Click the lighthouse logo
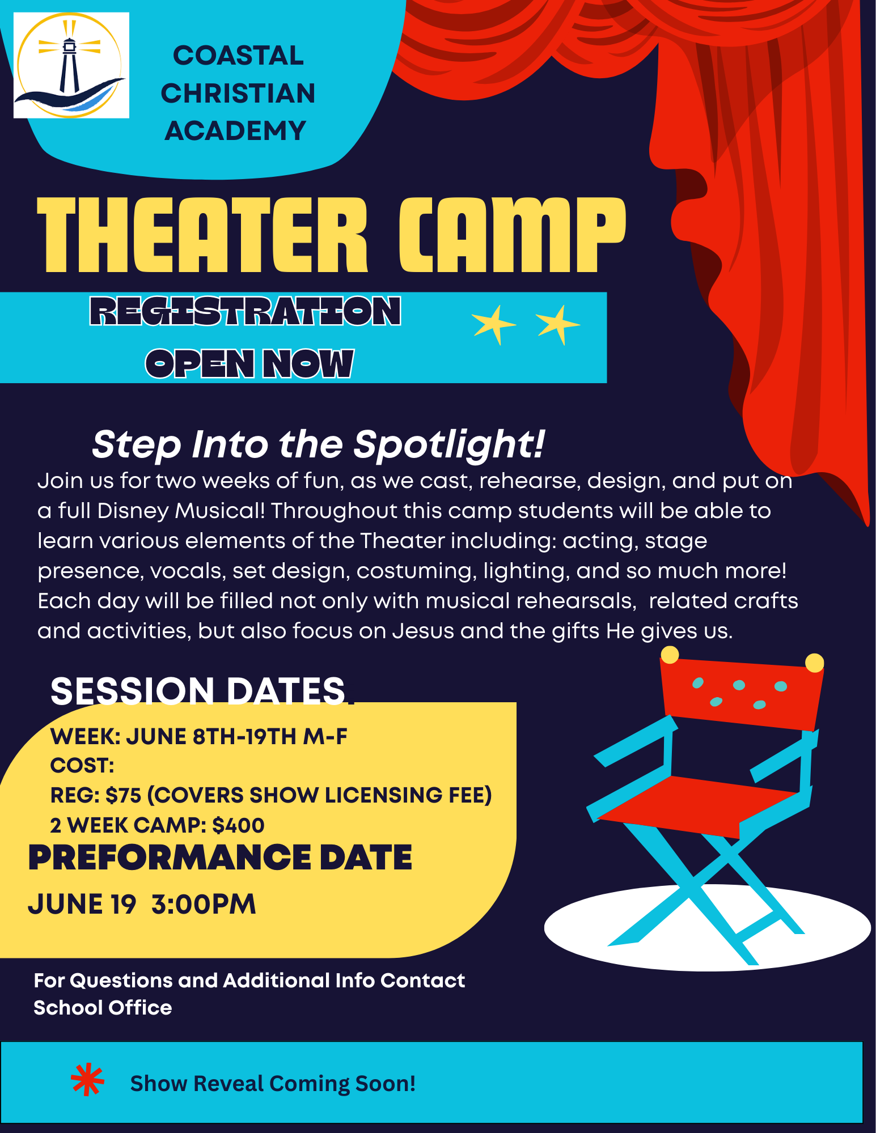pyautogui.click(x=71, y=65)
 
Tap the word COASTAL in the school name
pyautogui.click(x=238, y=56)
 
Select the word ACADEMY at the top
pyautogui.click(x=235, y=131)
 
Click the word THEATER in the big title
pyautogui.click(x=202, y=235)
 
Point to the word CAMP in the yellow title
pyautogui.click(x=512, y=235)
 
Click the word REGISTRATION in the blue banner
pyautogui.click(x=246, y=311)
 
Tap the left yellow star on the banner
pyautogui.click(x=494, y=325)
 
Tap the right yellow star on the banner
pyautogui.click(x=558, y=325)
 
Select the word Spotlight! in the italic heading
pyautogui.click(x=449, y=444)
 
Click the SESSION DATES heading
pyautogui.click(x=198, y=691)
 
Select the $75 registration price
pyautogui.click(x=123, y=795)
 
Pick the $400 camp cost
pyautogui.click(x=238, y=825)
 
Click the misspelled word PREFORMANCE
pyautogui.click(x=170, y=857)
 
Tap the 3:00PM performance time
pyautogui.click(x=204, y=904)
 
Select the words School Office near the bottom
pyautogui.click(x=103, y=1008)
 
